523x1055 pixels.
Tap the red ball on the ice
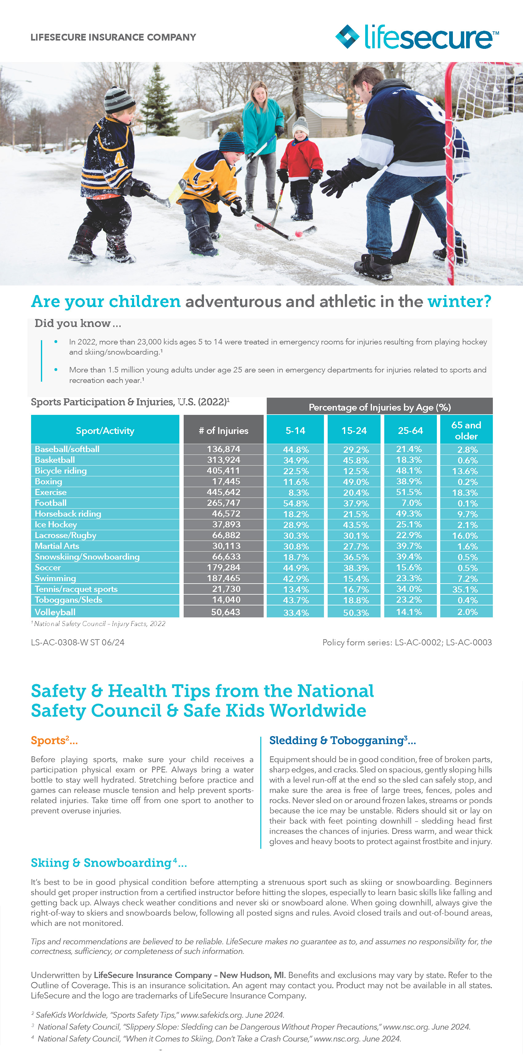click(299, 234)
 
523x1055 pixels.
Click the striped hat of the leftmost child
click(118, 100)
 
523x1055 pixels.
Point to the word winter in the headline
click(459, 301)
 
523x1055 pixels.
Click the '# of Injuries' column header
click(223, 431)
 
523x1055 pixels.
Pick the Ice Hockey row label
click(56, 524)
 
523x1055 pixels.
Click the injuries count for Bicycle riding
click(223, 470)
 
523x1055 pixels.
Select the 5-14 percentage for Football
click(296, 503)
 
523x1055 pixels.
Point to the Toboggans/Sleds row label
click(68, 600)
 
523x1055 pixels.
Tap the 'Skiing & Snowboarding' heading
click(101, 863)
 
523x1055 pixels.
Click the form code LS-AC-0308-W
click(59, 642)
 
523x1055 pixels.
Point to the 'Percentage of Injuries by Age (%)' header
click(380, 407)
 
